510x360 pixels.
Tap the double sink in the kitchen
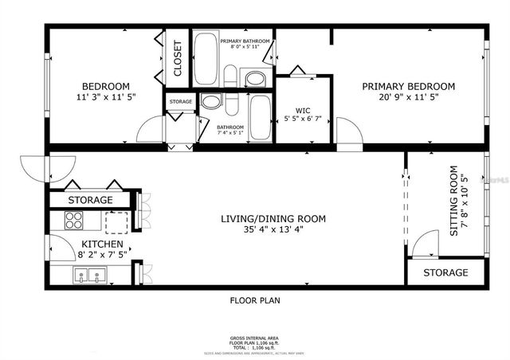coord(91,276)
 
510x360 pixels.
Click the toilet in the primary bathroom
coord(230,76)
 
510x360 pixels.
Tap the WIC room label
coord(301,111)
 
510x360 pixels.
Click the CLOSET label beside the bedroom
coord(177,57)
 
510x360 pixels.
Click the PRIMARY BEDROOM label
coord(408,86)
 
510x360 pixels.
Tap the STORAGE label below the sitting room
coord(445,272)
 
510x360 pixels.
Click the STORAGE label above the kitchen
coord(90,200)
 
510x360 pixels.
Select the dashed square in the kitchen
coord(117,221)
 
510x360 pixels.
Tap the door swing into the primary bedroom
coord(347,131)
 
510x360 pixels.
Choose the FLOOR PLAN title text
coord(255,301)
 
